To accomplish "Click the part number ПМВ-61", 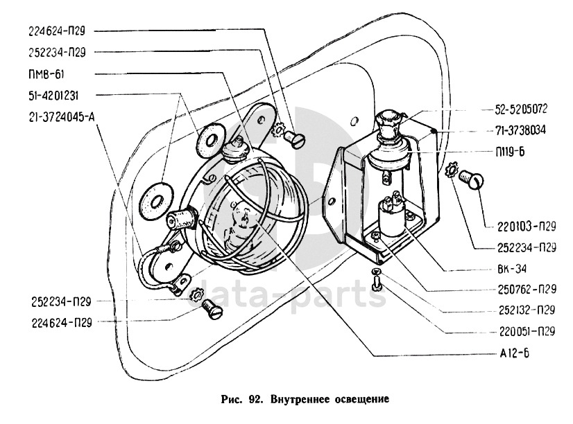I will click(46, 73).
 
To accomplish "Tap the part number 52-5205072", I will click(521, 109).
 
